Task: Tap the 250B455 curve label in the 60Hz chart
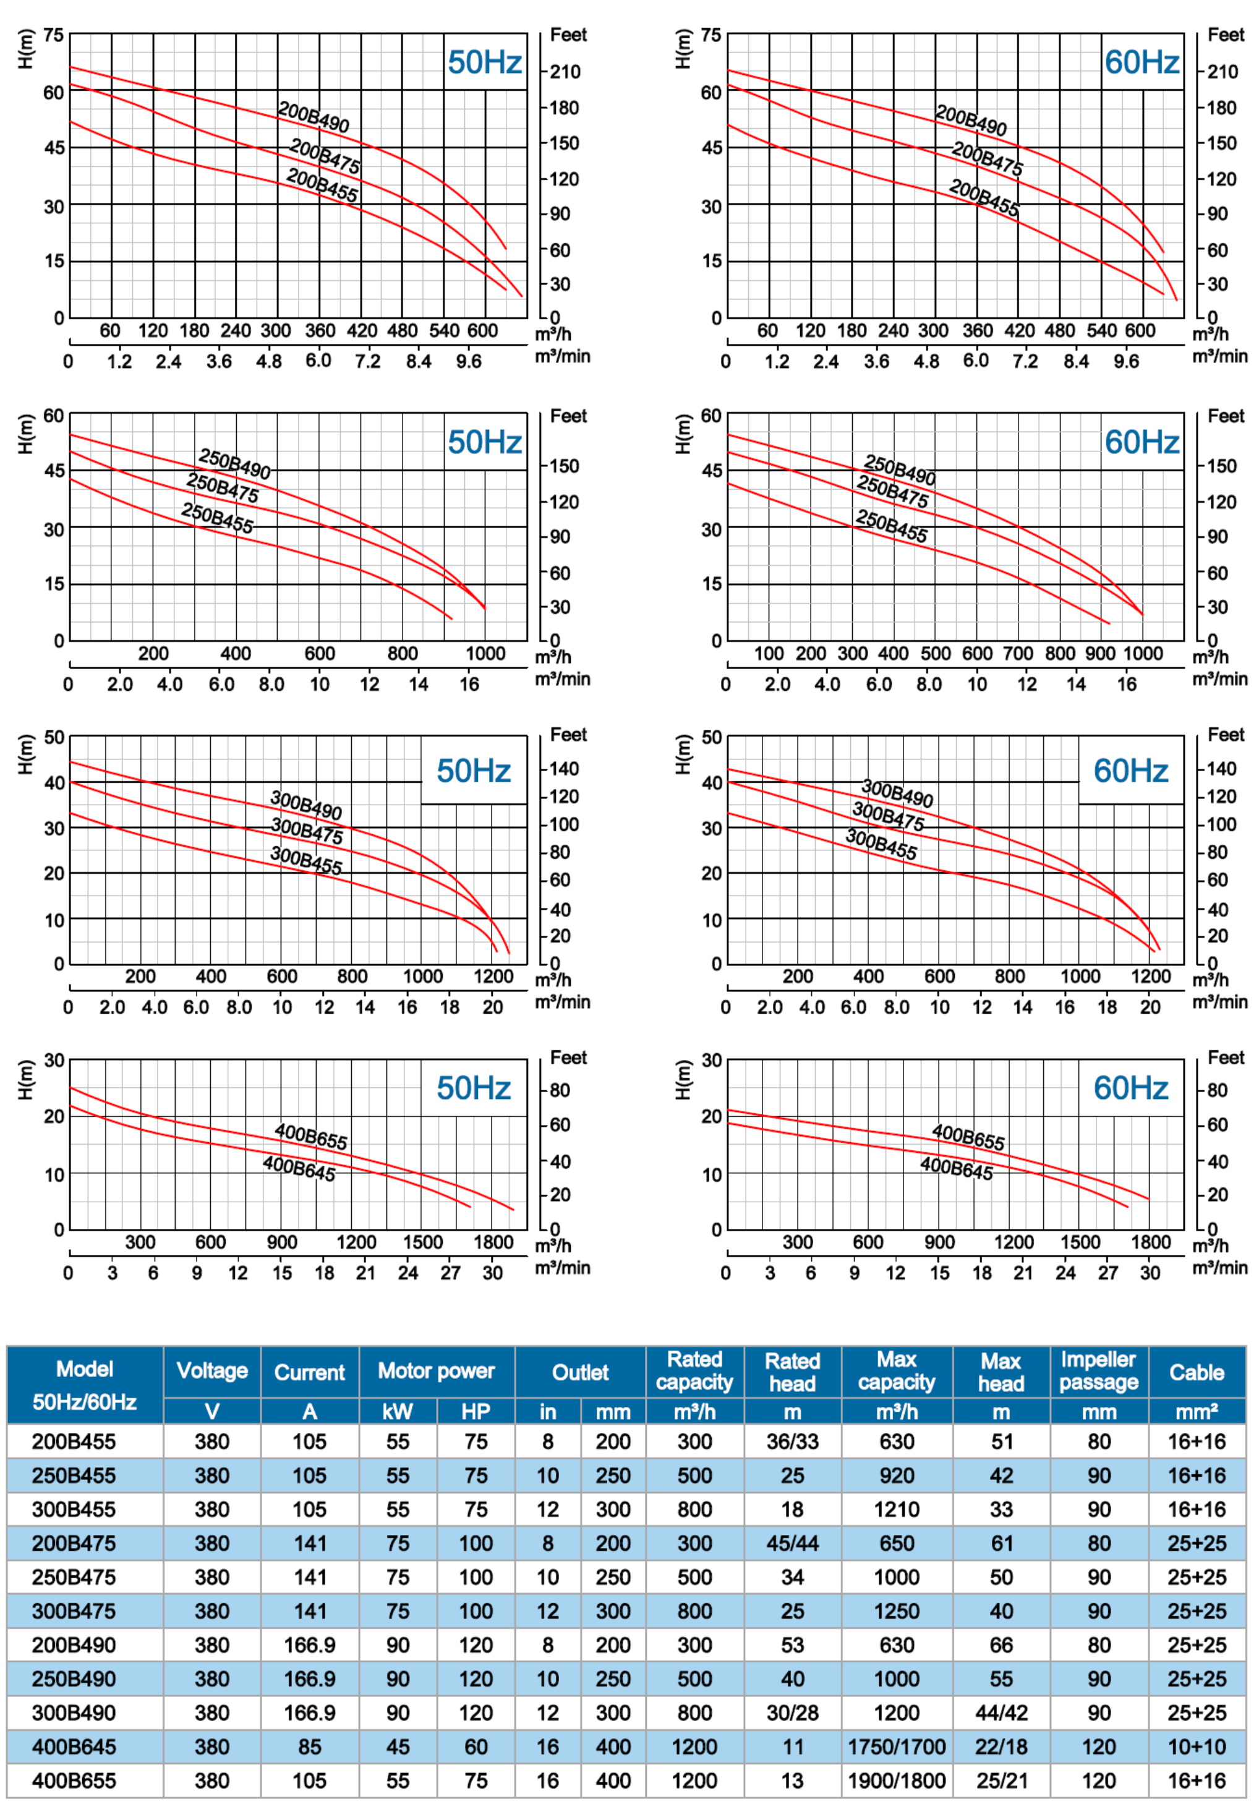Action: click(892, 526)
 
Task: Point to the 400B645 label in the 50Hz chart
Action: click(299, 1168)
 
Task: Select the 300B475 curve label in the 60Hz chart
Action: click(889, 816)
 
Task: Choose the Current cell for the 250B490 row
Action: click(309, 1678)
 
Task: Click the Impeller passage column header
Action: click(1098, 1371)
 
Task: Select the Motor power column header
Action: click(436, 1371)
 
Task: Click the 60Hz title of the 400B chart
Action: click(1130, 1088)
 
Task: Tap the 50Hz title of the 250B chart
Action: click(485, 442)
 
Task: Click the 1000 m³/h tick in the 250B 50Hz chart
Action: click(485, 654)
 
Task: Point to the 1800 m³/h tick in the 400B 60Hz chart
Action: click(1151, 1242)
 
